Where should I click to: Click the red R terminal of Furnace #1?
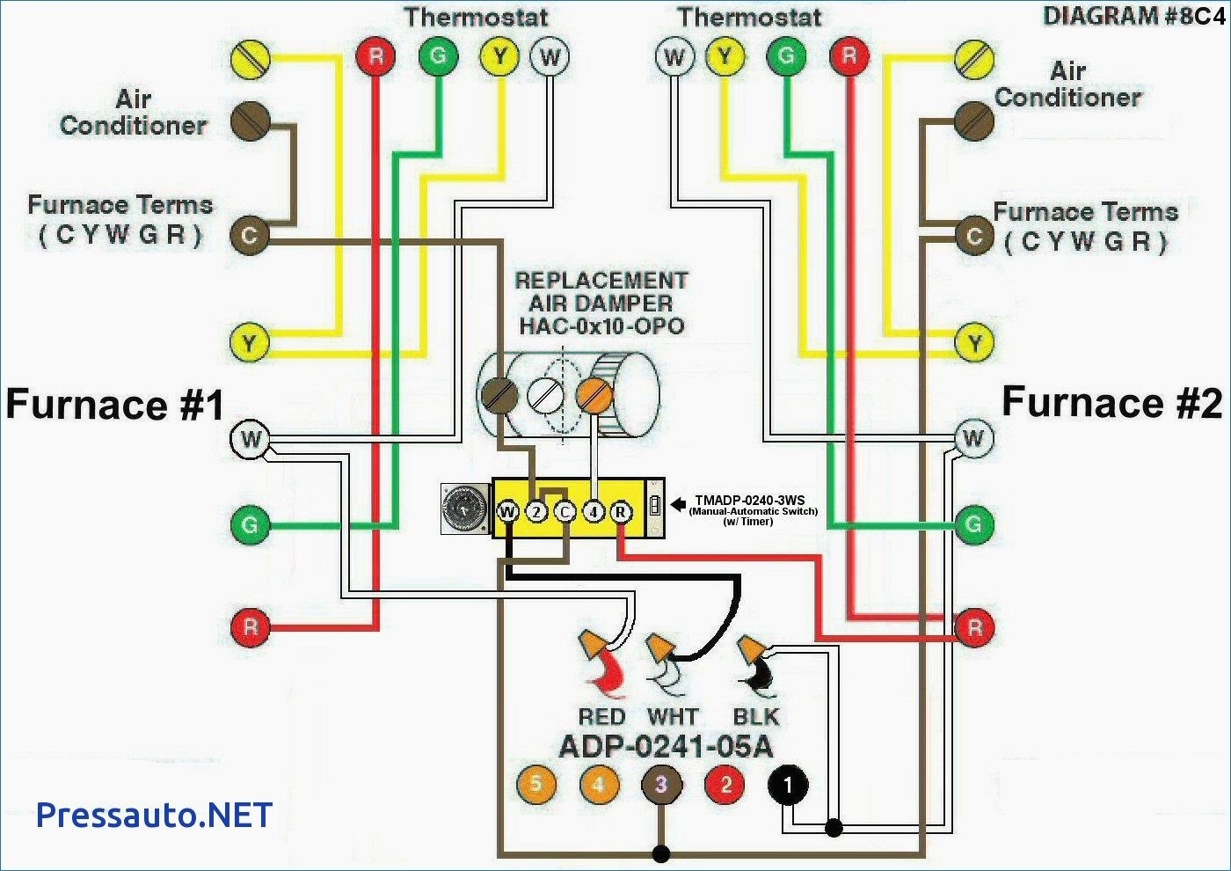pyautogui.click(x=251, y=627)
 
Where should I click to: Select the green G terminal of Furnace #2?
pyautogui.click(x=973, y=525)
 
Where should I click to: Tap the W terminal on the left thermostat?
pyautogui.click(x=550, y=58)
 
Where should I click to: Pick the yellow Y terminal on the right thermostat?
pyautogui.click(x=725, y=58)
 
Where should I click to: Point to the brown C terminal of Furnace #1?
pyautogui.click(x=250, y=235)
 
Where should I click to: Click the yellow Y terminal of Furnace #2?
pyautogui.click(x=974, y=342)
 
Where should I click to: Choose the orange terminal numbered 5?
pyautogui.click(x=535, y=783)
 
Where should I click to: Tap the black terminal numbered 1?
pyautogui.click(x=788, y=784)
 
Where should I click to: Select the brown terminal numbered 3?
pyautogui.click(x=661, y=784)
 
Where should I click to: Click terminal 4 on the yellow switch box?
pyautogui.click(x=594, y=511)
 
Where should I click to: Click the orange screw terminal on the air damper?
pyautogui.click(x=594, y=395)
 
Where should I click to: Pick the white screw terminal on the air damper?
pyautogui.click(x=545, y=395)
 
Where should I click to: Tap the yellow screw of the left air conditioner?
pyautogui.click(x=250, y=59)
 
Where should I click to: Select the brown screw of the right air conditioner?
pyautogui.click(x=974, y=121)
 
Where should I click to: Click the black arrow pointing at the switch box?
pyautogui.click(x=678, y=504)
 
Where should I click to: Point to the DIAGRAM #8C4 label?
pyautogui.click(x=1133, y=16)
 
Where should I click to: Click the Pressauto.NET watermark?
pyautogui.click(x=154, y=815)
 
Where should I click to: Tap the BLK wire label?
pyautogui.click(x=756, y=717)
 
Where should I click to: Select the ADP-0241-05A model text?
pyautogui.click(x=666, y=747)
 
